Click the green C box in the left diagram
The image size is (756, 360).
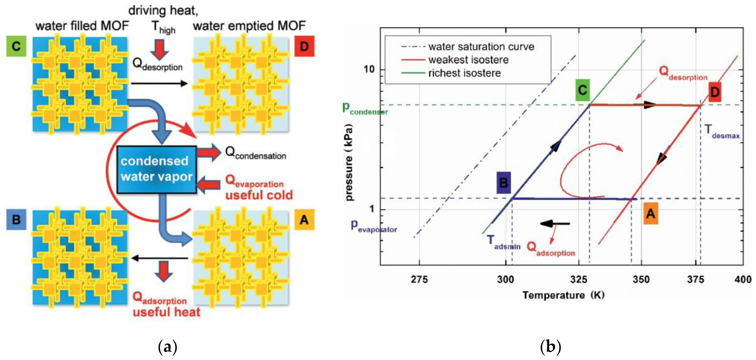[16, 46]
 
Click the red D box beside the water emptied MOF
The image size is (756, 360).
[304, 46]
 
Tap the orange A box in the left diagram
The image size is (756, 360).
[304, 219]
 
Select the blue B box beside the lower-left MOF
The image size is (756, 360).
[16, 219]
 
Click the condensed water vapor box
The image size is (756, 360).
[156, 169]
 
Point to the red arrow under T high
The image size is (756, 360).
[159, 49]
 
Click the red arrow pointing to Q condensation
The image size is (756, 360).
[209, 152]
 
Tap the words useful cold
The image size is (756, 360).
[259, 195]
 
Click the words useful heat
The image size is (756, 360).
[166, 312]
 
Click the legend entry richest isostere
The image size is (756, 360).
[464, 73]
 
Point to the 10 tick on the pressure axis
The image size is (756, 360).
[369, 69]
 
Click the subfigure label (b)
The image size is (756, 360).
[550, 347]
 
